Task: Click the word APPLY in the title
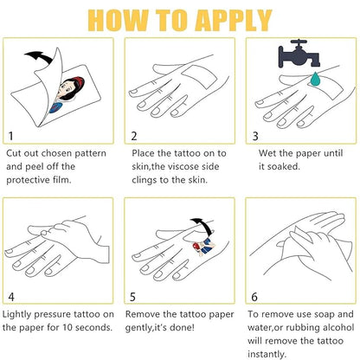[234, 20]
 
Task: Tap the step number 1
[10, 136]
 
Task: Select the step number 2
[134, 136]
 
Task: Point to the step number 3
[255, 136]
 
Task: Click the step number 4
[11, 297]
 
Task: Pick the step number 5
[132, 297]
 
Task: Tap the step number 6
[254, 297]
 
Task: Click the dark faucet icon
[299, 54]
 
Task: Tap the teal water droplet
[315, 80]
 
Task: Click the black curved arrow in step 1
[38, 57]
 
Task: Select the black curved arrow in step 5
[202, 226]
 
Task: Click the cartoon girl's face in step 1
[69, 89]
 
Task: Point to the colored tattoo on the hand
[204, 247]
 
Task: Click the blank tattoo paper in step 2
[200, 77]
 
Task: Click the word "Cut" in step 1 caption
[13, 153]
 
